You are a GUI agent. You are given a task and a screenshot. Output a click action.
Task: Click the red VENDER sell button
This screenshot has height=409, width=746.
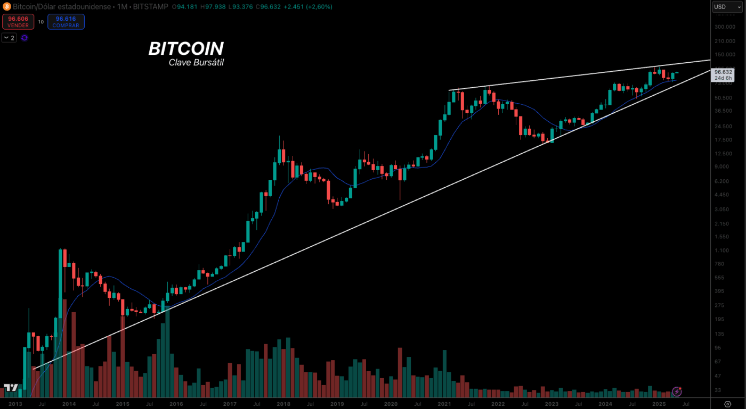coord(18,21)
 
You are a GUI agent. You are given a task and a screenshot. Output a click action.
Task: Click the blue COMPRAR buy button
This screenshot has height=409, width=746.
coord(66,21)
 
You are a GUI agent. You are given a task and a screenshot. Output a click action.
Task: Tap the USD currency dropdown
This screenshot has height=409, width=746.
coord(728,7)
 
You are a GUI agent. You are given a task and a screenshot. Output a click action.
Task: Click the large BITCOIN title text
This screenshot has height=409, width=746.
coord(185,49)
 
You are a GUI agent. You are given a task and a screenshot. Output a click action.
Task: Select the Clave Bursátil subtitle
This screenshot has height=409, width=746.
coord(196,63)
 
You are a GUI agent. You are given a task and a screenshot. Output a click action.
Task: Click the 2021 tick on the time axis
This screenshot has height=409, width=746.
coord(444,404)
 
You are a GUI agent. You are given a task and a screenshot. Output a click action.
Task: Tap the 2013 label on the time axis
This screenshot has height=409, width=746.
coord(15,404)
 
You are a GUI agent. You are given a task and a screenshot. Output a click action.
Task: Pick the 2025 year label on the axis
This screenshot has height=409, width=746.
coord(659,404)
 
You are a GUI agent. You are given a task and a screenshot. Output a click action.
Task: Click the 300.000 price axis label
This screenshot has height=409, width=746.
coord(725,27)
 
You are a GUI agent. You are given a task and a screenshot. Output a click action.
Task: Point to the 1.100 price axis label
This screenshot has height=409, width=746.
coord(723,251)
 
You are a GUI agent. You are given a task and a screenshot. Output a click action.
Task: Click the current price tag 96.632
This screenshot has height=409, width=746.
coord(724,72)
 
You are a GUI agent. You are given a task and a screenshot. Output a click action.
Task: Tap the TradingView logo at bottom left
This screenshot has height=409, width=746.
coord(11,388)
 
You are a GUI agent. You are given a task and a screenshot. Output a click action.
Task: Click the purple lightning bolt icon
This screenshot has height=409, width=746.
coord(677,391)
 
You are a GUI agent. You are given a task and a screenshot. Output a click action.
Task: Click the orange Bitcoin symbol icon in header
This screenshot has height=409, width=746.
coord(7,7)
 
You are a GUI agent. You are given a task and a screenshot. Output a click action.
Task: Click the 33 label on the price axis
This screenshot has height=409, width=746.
coord(718,390)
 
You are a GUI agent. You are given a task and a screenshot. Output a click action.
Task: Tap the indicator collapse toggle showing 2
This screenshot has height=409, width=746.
coord(9,38)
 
